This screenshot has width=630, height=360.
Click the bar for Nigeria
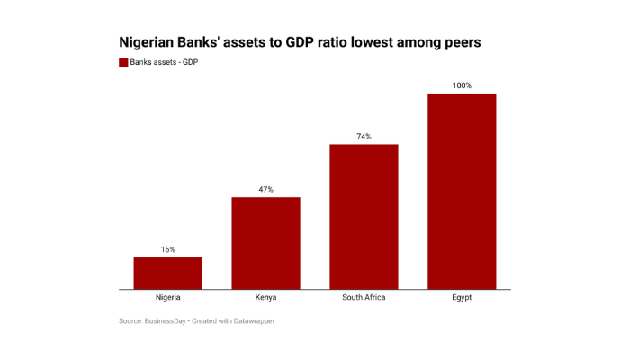(167, 273)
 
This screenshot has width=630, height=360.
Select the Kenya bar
(265, 243)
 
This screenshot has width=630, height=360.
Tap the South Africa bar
(364, 216)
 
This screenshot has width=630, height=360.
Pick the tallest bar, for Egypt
(462, 191)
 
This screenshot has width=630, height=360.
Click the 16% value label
(168, 249)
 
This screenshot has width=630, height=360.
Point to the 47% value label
(265, 189)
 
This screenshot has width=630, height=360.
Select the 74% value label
(364, 137)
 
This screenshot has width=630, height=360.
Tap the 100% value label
(462, 85)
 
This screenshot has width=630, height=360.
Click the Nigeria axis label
(168, 298)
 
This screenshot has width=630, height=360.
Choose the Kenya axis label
(265, 298)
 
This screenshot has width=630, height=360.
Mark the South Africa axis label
(364, 298)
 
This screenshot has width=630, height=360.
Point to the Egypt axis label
(462, 298)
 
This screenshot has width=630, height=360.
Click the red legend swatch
(123, 62)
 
